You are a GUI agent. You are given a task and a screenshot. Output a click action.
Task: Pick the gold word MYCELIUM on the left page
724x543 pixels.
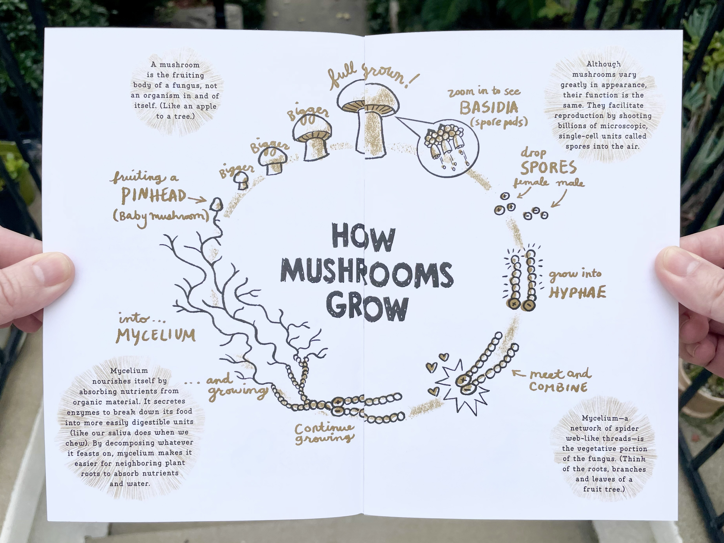(x=156, y=335)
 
